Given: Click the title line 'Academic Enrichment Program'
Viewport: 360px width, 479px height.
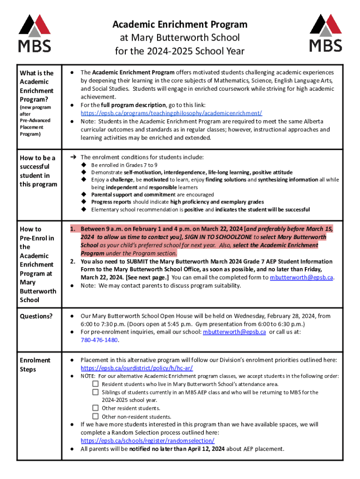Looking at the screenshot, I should pos(180,24).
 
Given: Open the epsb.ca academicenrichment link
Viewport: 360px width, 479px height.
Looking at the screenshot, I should pos(171,113).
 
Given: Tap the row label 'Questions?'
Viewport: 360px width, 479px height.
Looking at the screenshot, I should pos(36,316).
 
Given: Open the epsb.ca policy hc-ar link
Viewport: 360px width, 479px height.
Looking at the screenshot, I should pos(137,368).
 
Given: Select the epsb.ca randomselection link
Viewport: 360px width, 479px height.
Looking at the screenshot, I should pos(147,441).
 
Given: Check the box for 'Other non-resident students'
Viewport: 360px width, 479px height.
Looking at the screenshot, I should pos(95,416).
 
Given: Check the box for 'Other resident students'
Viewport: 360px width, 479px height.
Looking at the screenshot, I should pos(95,408).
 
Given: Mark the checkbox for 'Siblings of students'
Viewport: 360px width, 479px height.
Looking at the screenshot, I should pos(95,392).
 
